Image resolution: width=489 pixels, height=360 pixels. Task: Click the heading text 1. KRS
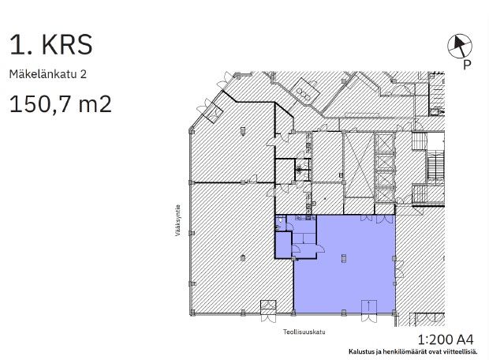click(50, 45)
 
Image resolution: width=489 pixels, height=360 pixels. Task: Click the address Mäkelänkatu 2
click(47, 74)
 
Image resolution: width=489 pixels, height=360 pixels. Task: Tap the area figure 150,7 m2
click(61, 104)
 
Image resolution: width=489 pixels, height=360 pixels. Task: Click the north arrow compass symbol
click(460, 46)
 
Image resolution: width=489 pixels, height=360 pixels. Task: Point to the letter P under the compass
click(467, 65)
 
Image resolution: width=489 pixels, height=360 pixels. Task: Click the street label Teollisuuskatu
click(304, 332)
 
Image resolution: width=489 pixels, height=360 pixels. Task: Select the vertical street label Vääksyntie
click(177, 220)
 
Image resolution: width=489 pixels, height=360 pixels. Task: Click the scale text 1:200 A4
click(446, 339)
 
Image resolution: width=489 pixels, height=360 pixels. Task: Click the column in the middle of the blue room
click(344, 258)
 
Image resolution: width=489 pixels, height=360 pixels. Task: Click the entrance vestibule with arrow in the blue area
click(369, 306)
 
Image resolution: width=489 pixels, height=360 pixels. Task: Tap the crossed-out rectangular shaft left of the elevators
click(359, 165)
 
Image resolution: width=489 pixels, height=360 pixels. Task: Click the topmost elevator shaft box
click(385, 143)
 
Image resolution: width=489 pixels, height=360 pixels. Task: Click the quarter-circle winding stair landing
click(419, 141)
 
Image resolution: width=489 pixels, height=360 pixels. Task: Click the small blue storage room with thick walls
click(283, 245)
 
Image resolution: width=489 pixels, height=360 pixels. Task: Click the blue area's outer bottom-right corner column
click(394, 312)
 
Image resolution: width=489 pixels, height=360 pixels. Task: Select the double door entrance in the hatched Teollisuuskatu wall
click(268, 311)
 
